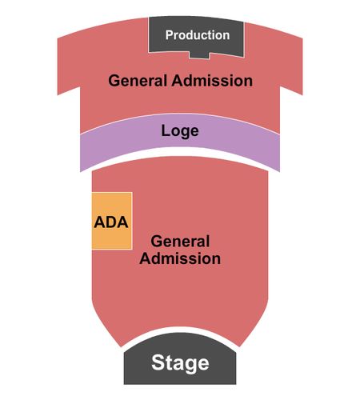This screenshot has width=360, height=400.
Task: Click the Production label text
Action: pyautogui.click(x=198, y=35)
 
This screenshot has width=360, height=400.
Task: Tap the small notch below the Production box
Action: pyautogui.click(x=199, y=54)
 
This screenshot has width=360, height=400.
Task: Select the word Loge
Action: pyautogui.click(x=180, y=131)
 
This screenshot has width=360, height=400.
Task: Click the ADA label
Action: pyautogui.click(x=111, y=222)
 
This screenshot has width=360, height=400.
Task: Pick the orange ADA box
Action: pyautogui.click(x=112, y=221)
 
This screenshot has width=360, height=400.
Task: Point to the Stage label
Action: pyautogui.click(x=180, y=362)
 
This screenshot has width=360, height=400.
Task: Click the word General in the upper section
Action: pyautogui.click(x=138, y=80)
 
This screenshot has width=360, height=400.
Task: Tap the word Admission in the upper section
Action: pyautogui.click(x=212, y=80)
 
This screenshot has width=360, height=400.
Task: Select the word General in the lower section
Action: pyautogui.click(x=180, y=241)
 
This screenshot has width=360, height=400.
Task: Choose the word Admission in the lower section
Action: pyautogui.click(x=180, y=258)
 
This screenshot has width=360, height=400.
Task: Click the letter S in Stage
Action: pyautogui.click(x=158, y=362)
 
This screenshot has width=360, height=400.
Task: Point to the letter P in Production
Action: pyautogui.click(x=169, y=35)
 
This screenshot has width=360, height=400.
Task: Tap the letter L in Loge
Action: pyautogui.click(x=165, y=130)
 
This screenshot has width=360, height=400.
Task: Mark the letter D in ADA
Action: pyautogui.click(x=111, y=222)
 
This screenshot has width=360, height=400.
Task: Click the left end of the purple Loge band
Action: pyautogui.click(x=80, y=153)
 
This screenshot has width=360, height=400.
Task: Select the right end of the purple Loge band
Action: pyautogui.click(x=279, y=153)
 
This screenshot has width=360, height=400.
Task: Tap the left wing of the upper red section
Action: pyautogui.click(x=69, y=65)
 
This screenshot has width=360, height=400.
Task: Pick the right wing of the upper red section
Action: pyautogui.click(x=291, y=65)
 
